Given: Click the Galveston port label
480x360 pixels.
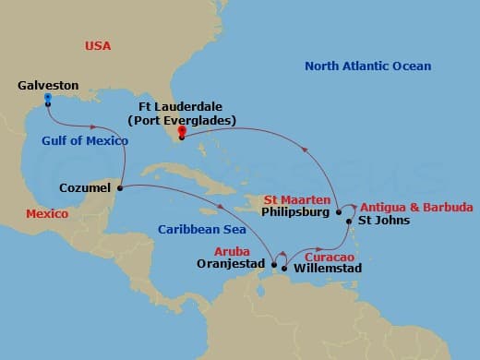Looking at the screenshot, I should pyautogui.click(x=48, y=86).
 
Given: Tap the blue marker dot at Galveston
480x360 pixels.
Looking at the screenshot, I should pyautogui.click(x=47, y=97).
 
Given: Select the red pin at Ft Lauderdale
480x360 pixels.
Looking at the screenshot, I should pyautogui.click(x=181, y=131).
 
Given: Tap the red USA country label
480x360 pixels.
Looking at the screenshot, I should pyautogui.click(x=98, y=45).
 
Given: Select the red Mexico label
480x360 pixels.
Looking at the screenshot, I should pyautogui.click(x=47, y=213).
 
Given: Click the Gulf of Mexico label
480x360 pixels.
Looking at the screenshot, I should pyautogui.click(x=84, y=140).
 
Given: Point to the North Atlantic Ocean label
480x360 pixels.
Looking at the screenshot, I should pyautogui.click(x=368, y=66).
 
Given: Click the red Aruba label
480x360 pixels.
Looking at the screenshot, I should pyautogui.click(x=234, y=251).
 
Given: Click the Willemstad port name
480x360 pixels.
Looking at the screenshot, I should pyautogui.click(x=327, y=269).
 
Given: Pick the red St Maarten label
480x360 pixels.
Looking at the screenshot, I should pyautogui.click(x=294, y=198).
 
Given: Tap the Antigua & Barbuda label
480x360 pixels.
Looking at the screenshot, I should pyautogui.click(x=416, y=207).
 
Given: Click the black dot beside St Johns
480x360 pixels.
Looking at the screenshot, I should pyautogui.click(x=348, y=222).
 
